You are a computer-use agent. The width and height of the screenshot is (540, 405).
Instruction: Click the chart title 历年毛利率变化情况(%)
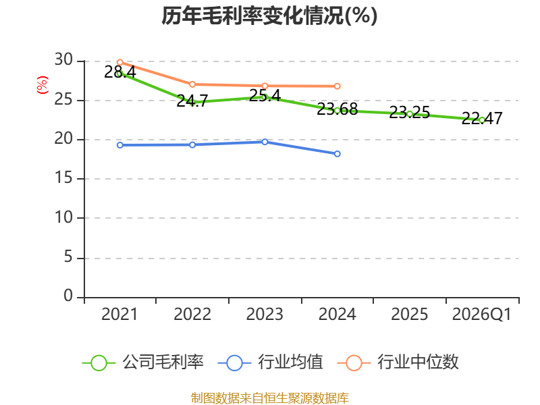(269, 16)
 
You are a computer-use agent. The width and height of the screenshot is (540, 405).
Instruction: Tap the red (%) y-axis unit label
(43, 86)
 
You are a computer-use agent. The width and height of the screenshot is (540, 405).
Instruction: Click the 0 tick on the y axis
(67, 296)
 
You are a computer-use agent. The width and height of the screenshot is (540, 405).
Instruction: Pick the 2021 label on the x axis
(119, 315)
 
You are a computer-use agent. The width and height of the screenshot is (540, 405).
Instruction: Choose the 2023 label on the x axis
(265, 315)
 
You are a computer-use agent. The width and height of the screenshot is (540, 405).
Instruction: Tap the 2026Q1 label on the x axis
(482, 315)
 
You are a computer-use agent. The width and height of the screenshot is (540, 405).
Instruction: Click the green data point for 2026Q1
(482, 119)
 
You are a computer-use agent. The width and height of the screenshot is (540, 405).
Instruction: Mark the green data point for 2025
(410, 113)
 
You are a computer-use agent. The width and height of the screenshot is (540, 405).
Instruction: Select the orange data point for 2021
(119, 62)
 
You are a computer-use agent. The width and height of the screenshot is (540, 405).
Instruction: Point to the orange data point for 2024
(337, 86)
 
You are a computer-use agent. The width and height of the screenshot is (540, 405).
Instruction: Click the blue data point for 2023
(265, 142)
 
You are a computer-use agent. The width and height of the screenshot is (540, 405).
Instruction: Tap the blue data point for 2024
(337, 154)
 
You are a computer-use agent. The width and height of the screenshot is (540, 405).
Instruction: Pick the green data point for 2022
(192, 103)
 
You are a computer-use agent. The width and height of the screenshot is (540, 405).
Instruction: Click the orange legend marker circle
(354, 362)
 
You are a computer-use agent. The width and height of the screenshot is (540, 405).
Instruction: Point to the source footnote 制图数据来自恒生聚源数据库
(269, 398)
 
